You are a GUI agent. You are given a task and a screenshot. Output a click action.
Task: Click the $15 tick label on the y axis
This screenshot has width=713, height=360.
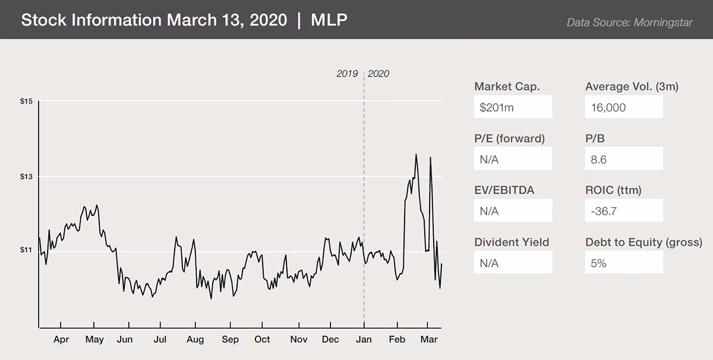tap(26, 102)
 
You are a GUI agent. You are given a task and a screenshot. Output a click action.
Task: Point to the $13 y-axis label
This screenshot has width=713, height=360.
tap(26, 176)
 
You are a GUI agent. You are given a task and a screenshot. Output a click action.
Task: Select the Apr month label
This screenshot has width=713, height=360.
tap(61, 340)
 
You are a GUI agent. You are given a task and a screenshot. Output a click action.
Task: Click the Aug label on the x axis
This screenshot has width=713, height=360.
tap(195, 340)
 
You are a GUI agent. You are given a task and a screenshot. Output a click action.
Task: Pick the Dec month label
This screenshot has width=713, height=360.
tap(330, 340)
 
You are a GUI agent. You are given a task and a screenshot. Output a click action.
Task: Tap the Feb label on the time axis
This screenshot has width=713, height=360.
tap(396, 340)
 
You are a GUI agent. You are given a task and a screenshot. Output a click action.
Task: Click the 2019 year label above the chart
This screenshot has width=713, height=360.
tap(347, 74)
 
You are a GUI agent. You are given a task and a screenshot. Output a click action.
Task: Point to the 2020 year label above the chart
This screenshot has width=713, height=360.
tap(379, 74)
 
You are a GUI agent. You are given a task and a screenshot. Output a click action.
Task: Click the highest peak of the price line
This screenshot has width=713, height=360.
tap(416, 154)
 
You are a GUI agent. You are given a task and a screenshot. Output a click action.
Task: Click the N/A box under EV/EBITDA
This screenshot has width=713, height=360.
tap(513, 211)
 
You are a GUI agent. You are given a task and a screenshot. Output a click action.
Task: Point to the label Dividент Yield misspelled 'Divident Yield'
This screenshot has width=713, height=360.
tap(512, 242)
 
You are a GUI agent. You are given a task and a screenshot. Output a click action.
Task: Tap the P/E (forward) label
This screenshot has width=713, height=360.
tap(509, 138)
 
